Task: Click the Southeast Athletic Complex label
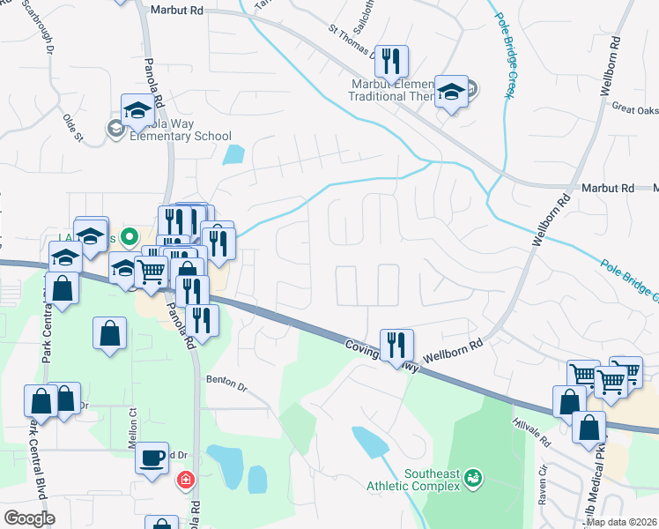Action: coord(433,481)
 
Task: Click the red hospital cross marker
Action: coord(185,480)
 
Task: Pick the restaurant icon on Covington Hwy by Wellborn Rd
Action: coord(396,343)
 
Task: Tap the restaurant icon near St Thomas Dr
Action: coord(391,62)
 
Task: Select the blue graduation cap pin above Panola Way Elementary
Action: coord(137,109)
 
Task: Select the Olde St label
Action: coord(70,127)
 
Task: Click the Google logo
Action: coord(29,518)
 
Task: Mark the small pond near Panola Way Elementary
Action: coord(233,155)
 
